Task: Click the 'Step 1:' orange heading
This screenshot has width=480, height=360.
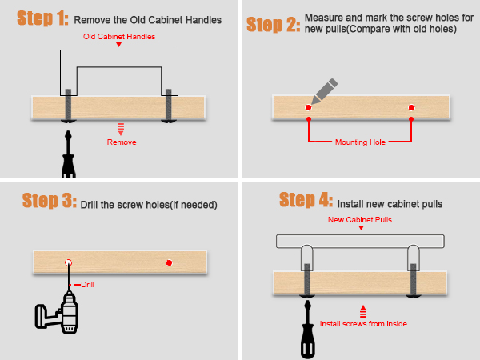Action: pyautogui.click(x=42, y=18)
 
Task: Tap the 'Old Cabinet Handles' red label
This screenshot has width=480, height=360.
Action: pyautogui.click(x=119, y=37)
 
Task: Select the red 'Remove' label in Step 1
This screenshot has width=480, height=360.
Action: pyautogui.click(x=122, y=142)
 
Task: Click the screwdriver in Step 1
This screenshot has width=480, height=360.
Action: pyautogui.click(x=69, y=154)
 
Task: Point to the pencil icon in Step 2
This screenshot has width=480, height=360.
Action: pyautogui.click(x=325, y=91)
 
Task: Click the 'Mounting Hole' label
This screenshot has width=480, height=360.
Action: pyautogui.click(x=360, y=142)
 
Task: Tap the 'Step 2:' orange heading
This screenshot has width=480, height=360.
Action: pyautogui.click(x=274, y=25)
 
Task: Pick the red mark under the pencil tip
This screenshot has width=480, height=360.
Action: pyautogui.click(x=308, y=107)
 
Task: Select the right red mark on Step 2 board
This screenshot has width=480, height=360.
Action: pyautogui.click(x=411, y=107)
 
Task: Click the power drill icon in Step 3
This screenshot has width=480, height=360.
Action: pyautogui.click(x=58, y=312)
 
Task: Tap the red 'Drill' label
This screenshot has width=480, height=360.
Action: pyautogui.click(x=87, y=285)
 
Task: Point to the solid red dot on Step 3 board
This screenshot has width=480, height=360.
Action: pyautogui.click(x=170, y=262)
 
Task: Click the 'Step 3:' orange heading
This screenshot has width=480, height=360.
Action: pyautogui.click(x=50, y=201)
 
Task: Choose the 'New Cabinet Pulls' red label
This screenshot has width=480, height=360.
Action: pyautogui.click(x=360, y=220)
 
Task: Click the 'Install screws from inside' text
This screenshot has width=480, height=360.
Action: pyautogui.click(x=363, y=324)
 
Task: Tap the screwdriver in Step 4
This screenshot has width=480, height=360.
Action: pyautogui.click(x=308, y=329)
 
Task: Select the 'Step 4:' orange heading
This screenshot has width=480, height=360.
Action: pyautogui.click(x=306, y=200)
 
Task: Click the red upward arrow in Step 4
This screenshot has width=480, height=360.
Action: pyautogui.click(x=363, y=311)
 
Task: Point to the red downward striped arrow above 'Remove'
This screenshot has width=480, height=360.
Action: pyautogui.click(x=121, y=129)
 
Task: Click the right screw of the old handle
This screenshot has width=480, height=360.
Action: pyautogui.click(x=169, y=106)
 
